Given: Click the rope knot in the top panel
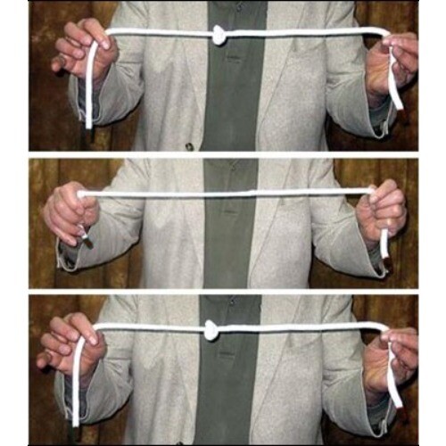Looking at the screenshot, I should (x=219, y=35).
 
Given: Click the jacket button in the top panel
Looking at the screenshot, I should (x=189, y=145).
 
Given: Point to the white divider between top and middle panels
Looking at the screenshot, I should (x=223, y=154).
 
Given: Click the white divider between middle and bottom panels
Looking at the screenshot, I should (x=223, y=292).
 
